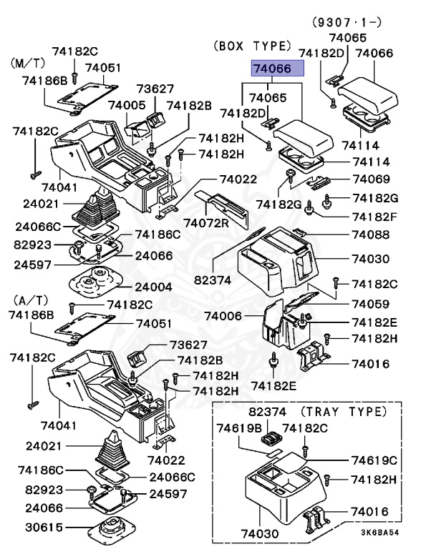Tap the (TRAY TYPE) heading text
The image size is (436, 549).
[343, 412]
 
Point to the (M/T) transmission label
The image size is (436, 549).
[27, 64]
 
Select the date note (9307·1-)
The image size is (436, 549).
[345, 21]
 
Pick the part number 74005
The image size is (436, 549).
[127, 105]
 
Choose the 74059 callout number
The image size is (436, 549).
[369, 303]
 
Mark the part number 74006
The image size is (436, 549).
[223, 315]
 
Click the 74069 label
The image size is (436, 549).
[369, 179]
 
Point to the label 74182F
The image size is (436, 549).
[373, 216]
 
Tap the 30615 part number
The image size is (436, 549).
[44, 528]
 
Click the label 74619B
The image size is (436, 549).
[239, 428]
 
